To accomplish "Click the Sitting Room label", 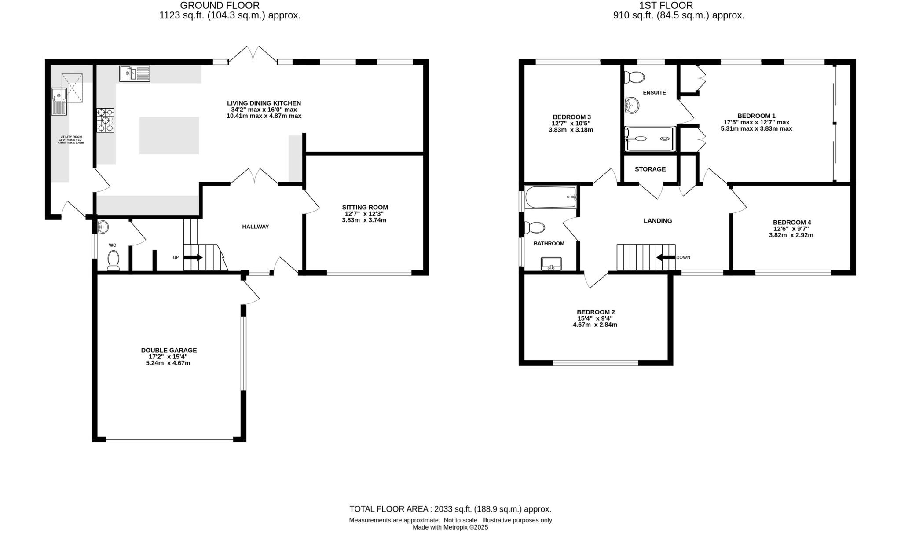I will click(365, 207).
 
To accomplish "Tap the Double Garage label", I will click(168, 351).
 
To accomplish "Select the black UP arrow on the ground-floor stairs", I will click(194, 257).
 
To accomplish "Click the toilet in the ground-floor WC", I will click(114, 259).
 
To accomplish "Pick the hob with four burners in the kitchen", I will click(106, 120).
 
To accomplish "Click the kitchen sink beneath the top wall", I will click(134, 73).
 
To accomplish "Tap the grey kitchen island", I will click(169, 135).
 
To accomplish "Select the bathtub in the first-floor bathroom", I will click(551, 197).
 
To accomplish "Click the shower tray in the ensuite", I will click(649, 139).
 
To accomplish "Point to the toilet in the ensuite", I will click(634, 77).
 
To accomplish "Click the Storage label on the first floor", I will click(650, 169).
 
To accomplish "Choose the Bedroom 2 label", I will click(596, 312).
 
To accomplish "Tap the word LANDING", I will click(658, 221).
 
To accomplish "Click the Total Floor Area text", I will click(450, 509).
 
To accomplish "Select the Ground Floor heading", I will click(220, 6).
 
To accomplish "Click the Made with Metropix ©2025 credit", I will click(450, 527).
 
